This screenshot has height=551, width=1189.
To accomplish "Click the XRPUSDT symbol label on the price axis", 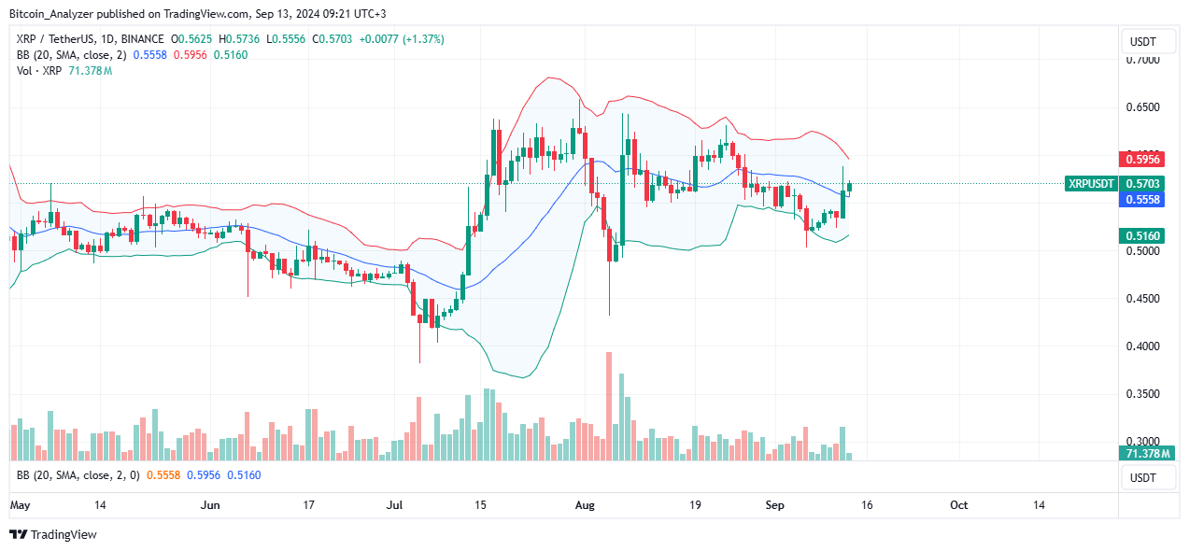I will (x=1090, y=184).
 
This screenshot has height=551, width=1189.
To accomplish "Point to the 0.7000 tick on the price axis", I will (x=1143, y=60).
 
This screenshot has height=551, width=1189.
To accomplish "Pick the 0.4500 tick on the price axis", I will (x=1143, y=299).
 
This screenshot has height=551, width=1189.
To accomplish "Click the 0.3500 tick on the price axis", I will (x=1143, y=394).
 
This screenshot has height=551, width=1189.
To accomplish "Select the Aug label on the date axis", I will (x=586, y=505).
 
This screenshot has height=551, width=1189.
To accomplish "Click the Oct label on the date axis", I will (x=959, y=505).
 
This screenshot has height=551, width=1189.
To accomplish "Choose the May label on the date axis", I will (x=20, y=505).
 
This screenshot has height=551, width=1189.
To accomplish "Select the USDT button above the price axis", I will (x=1142, y=41).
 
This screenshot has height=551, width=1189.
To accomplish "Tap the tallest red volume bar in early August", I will (x=609, y=406).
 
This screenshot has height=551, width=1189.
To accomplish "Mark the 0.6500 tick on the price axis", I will (x=1143, y=107).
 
